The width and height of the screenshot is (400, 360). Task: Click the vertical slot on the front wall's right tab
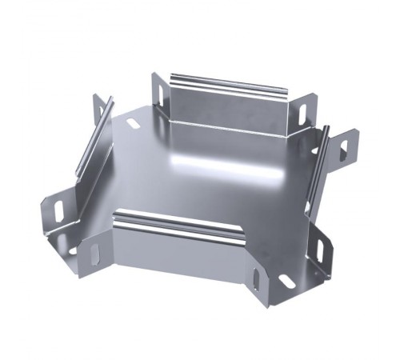(255, 283)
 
